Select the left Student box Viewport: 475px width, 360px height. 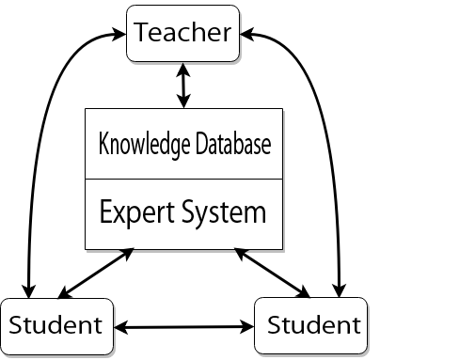point(55,326)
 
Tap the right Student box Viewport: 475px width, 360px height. point(313,326)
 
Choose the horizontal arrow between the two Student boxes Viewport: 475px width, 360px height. point(184,328)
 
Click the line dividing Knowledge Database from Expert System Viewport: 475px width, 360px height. point(182,179)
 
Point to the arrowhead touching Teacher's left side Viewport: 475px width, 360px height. point(121,35)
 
